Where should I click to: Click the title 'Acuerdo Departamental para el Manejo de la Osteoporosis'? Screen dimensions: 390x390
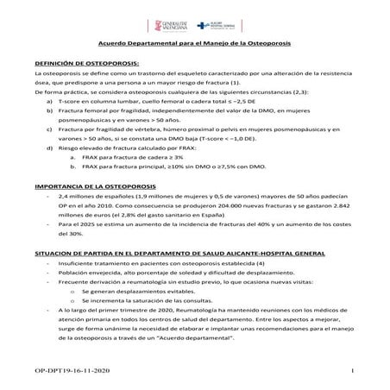(195, 43)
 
